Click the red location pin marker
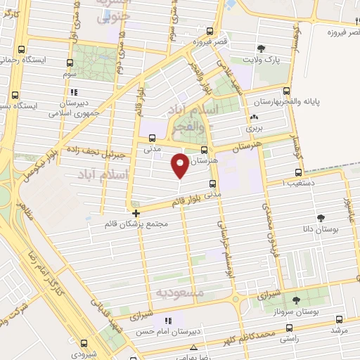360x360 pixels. click(x=180, y=165)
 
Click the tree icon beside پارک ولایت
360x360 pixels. click(x=262, y=49)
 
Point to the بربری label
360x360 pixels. click(x=252, y=130)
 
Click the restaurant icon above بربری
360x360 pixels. click(x=253, y=117)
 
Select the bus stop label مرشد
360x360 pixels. click(x=340, y=329)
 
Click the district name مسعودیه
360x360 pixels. click(x=181, y=292)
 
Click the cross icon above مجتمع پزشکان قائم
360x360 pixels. click(x=136, y=212)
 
